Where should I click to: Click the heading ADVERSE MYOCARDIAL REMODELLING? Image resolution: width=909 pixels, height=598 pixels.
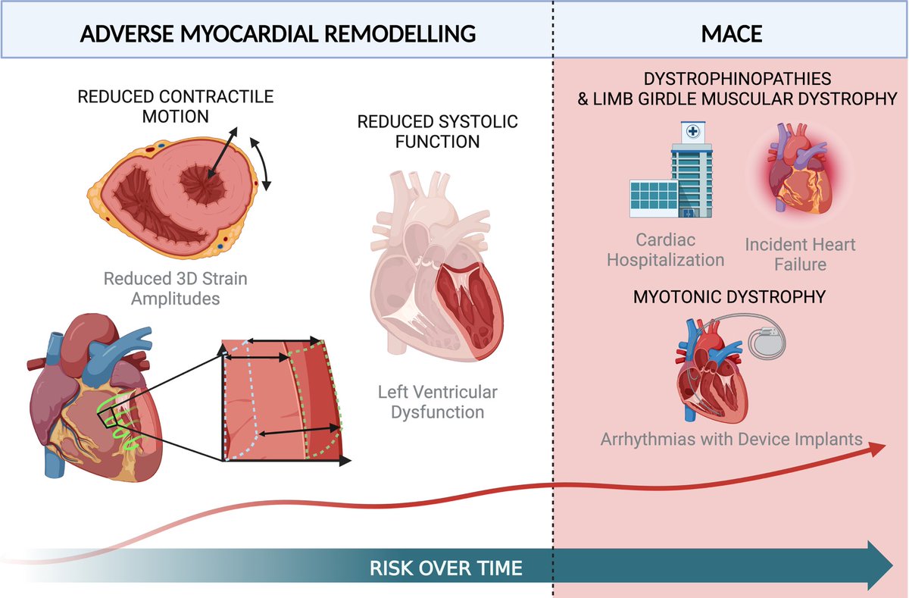tap(278, 33)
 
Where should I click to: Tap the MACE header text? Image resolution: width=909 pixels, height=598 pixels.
tap(731, 33)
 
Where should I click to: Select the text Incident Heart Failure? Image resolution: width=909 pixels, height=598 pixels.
tap(800, 254)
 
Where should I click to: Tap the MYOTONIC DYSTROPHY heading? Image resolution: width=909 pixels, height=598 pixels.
tap(729, 297)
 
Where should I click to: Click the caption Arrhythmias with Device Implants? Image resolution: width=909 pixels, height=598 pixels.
tap(732, 438)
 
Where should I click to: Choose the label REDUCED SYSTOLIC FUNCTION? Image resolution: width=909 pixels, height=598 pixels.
tap(439, 131)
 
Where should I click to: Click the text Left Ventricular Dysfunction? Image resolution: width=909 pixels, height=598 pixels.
tap(438, 402)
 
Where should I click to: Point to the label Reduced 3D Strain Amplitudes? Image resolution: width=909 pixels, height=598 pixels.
tap(176, 289)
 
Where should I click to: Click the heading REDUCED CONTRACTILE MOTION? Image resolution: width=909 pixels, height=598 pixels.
tap(175, 107)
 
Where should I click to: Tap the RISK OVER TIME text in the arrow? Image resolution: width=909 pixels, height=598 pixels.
tap(445, 568)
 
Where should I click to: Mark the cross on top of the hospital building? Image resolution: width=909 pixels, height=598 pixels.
tap(692, 130)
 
